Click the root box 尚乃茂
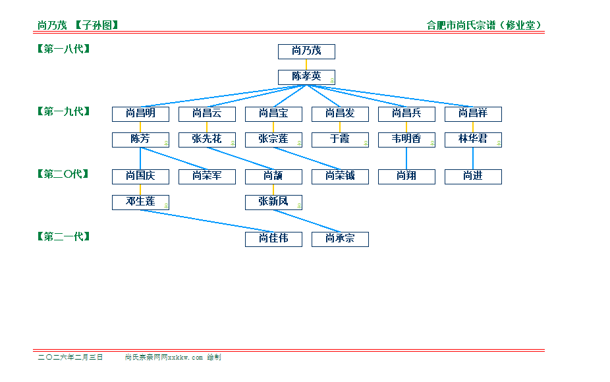coord(306,51)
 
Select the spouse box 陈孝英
coord(306,77)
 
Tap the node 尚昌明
coord(140,114)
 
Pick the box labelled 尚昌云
coord(207,114)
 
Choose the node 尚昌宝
coord(273,114)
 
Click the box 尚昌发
coord(340,114)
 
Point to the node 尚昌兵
coord(406,114)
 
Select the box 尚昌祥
coord(473,114)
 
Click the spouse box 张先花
coord(207,140)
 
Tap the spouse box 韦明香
coord(406,140)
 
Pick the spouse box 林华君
coord(473,140)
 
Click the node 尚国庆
coord(140,177)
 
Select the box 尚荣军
coord(207,177)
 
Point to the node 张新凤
coord(273,202)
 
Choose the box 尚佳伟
coord(273,239)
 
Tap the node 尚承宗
coord(340,239)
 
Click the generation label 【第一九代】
coord(64,111)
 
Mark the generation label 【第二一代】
coord(64,236)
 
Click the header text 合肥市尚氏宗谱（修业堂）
coord(484,26)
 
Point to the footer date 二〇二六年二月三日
coord(70,357)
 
